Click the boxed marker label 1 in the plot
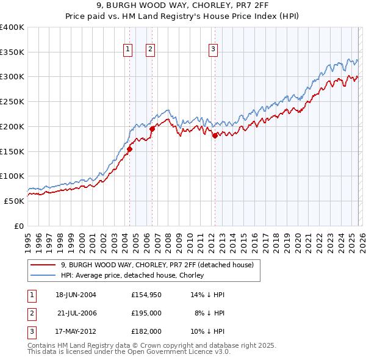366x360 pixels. pos(128,50)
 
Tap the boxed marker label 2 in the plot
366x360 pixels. pos(150,50)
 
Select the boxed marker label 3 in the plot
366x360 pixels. pos(213,50)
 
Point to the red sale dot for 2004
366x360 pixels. pos(129,149)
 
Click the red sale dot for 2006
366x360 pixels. pos(152,128)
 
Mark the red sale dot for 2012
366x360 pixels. pos(215,135)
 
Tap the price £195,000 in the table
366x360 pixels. pos(146,313)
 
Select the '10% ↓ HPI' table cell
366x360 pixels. pos(208,331)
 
